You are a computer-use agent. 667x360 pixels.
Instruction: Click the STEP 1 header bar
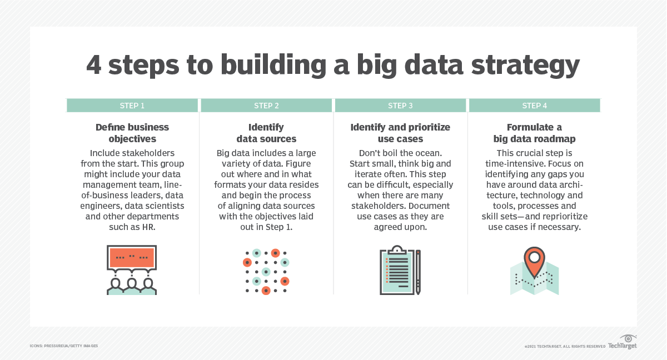coord(132,106)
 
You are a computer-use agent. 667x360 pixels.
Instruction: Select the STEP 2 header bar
coord(266,106)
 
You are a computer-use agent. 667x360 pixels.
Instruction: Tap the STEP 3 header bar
coord(400,106)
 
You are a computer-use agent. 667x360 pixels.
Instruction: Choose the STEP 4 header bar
coord(535,106)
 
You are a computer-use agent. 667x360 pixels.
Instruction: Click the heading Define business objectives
coord(132,133)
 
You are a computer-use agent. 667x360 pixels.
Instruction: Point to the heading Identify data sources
coord(266,133)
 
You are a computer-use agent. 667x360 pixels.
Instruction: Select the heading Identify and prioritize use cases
coord(400,133)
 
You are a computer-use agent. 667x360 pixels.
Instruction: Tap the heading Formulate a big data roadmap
coord(535,133)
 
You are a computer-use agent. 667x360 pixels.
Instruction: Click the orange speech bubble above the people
coord(132,257)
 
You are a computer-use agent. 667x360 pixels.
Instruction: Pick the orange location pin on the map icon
coord(535,260)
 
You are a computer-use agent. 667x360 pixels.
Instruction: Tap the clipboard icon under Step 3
coord(396,270)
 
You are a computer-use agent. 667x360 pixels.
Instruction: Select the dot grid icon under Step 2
coord(266,271)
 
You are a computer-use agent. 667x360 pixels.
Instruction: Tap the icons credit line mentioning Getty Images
coord(64,346)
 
